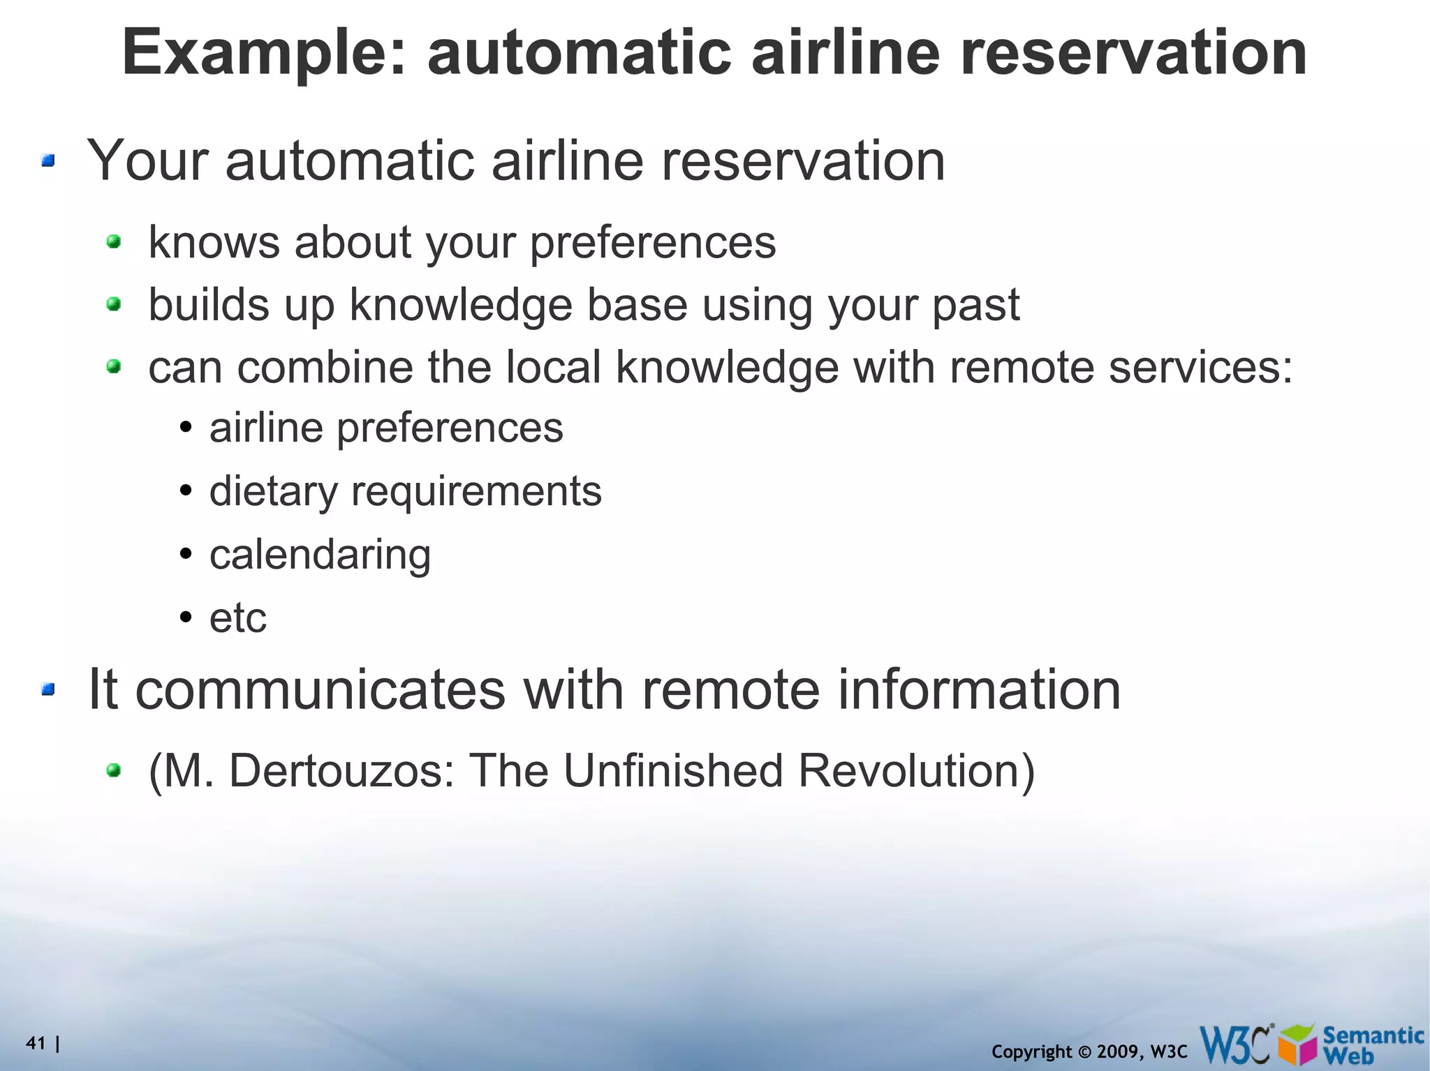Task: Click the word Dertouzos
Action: click(341, 771)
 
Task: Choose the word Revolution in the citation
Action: click(915, 771)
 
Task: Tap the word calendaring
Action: click(320, 555)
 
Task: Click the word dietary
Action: click(273, 491)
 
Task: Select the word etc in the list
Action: click(238, 617)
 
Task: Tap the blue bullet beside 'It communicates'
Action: click(47, 690)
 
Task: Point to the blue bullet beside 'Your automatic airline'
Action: click(47, 162)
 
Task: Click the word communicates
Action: click(320, 689)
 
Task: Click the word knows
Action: click(214, 242)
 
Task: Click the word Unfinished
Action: click(673, 771)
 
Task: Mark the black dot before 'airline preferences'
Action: click(185, 428)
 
